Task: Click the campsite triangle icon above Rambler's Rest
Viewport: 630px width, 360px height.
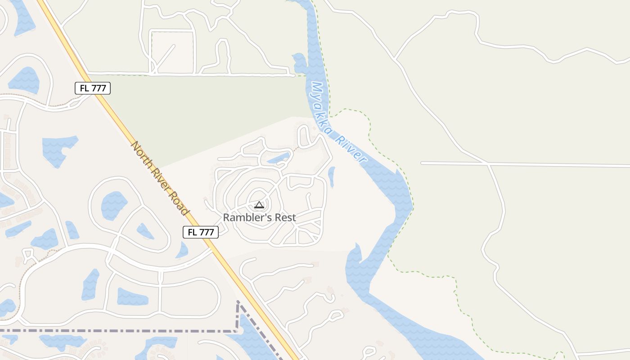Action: click(259, 205)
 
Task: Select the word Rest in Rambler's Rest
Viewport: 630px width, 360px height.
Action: click(284, 217)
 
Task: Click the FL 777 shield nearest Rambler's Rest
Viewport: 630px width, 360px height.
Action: click(201, 232)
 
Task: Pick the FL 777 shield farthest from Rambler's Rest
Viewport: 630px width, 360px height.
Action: click(92, 88)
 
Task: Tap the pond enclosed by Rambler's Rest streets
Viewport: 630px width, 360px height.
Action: click(279, 158)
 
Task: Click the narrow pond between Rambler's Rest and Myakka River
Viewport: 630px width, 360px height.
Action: click(332, 176)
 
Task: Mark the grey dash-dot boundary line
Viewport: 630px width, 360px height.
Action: click(135, 331)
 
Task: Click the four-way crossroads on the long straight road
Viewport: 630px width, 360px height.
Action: click(489, 164)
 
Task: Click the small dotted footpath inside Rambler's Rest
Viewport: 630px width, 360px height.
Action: click(295, 148)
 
